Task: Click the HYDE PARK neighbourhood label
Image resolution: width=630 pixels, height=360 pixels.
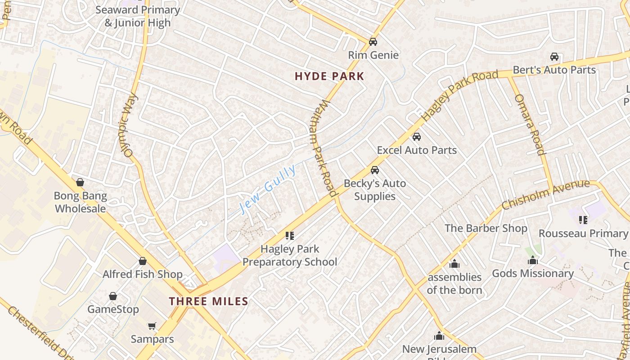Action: pyautogui.click(x=329, y=76)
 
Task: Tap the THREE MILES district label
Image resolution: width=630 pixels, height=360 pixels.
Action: pyautogui.click(x=209, y=301)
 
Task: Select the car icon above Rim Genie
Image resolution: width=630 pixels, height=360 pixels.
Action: pyautogui.click(x=373, y=42)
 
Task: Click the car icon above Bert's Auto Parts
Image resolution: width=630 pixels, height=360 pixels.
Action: pyautogui.click(x=554, y=57)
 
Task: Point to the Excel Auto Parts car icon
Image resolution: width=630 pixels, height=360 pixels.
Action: pyautogui.click(x=417, y=137)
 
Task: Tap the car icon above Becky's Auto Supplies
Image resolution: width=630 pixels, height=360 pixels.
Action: pyautogui.click(x=374, y=170)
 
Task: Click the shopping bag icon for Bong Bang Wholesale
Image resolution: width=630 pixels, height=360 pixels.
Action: pyautogui.click(x=80, y=182)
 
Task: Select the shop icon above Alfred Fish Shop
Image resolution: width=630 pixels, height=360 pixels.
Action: pyautogui.click(x=143, y=261)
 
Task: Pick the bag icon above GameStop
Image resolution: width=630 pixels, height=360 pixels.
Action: pyautogui.click(x=113, y=296)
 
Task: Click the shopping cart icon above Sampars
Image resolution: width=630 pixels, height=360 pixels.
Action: pyautogui.click(x=152, y=325)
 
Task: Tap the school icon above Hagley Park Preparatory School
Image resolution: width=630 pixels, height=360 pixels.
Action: pyautogui.click(x=290, y=235)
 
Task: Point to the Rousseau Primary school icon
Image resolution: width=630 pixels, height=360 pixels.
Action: pyautogui.click(x=583, y=220)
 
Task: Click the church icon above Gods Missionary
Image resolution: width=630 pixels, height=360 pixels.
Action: pyautogui.click(x=533, y=260)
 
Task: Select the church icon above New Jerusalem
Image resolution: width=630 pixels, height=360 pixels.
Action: pyautogui.click(x=439, y=336)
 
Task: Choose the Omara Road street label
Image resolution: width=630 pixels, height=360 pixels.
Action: pyautogui.click(x=530, y=125)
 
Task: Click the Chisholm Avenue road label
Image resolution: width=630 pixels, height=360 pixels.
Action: pyautogui.click(x=545, y=194)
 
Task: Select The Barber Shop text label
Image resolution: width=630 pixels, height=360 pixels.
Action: pyautogui.click(x=486, y=228)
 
